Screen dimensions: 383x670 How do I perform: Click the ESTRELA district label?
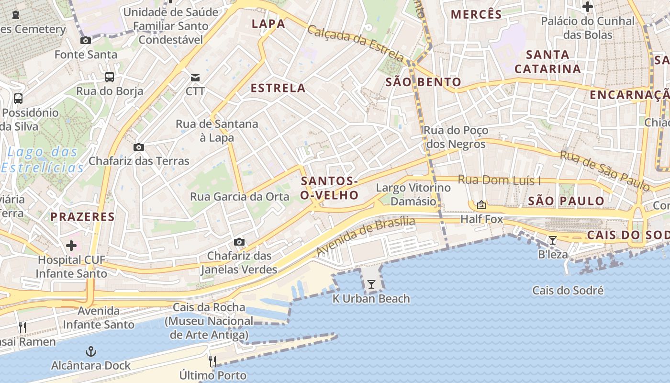pyautogui.click(x=278, y=88)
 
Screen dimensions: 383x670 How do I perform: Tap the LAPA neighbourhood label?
pyautogui.click(x=268, y=24)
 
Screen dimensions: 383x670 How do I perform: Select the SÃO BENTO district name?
pyautogui.click(x=423, y=82)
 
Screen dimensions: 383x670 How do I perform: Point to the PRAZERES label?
pyautogui.click(x=83, y=217)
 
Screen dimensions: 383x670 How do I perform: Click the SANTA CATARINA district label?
pyautogui.click(x=547, y=62)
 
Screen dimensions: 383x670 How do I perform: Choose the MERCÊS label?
pyautogui.click(x=477, y=14)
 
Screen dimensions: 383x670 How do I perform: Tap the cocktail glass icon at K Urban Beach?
pyautogui.click(x=371, y=284)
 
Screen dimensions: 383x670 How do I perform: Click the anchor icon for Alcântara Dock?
pyautogui.click(x=91, y=352)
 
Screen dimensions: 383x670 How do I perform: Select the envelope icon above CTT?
pyautogui.click(x=195, y=77)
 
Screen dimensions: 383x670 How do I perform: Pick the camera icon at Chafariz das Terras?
pyautogui.click(x=139, y=147)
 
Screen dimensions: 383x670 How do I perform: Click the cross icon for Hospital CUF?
pyautogui.click(x=71, y=246)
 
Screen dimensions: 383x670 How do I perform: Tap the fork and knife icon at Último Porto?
pyautogui.click(x=212, y=361)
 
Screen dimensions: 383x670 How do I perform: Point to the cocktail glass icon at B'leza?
pyautogui.click(x=553, y=240)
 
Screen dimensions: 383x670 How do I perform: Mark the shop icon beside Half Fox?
pyautogui.click(x=481, y=205)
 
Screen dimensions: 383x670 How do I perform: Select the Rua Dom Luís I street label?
pyautogui.click(x=499, y=180)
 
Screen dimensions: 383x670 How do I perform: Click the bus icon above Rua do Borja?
pyautogui.click(x=110, y=77)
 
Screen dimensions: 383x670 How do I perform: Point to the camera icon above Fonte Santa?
pyautogui.click(x=86, y=40)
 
